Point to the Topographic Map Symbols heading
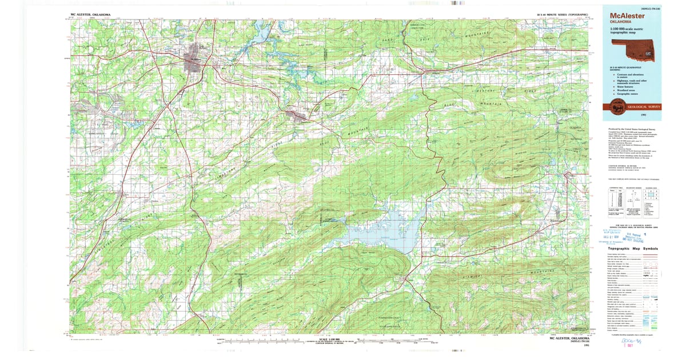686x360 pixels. point(632,249)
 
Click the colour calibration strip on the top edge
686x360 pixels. point(457,3)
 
